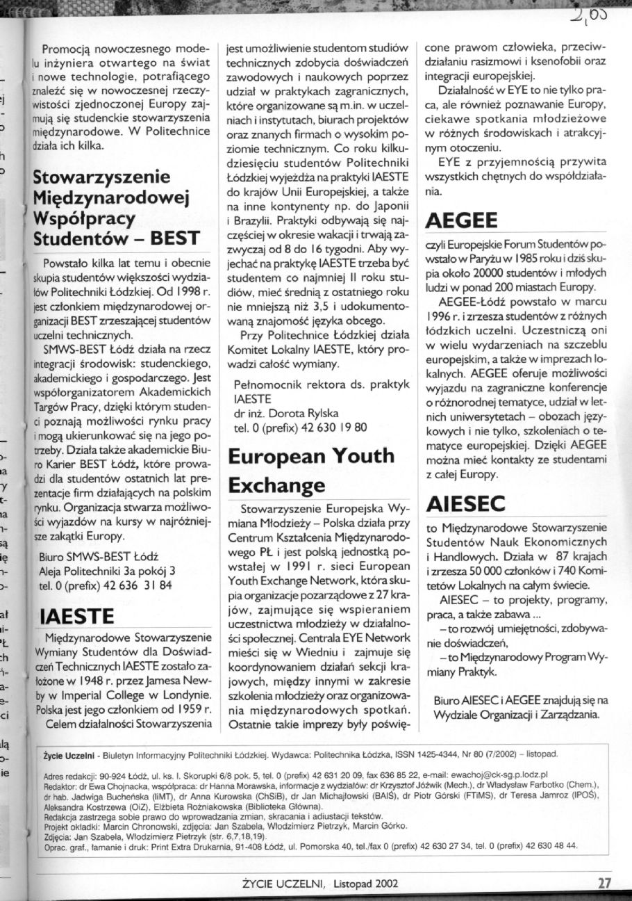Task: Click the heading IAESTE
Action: tap(76, 615)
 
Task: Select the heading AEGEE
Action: tap(464, 221)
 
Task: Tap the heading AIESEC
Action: tap(468, 503)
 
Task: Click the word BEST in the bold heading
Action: tap(176, 238)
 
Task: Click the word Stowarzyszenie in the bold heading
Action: tap(101, 176)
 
